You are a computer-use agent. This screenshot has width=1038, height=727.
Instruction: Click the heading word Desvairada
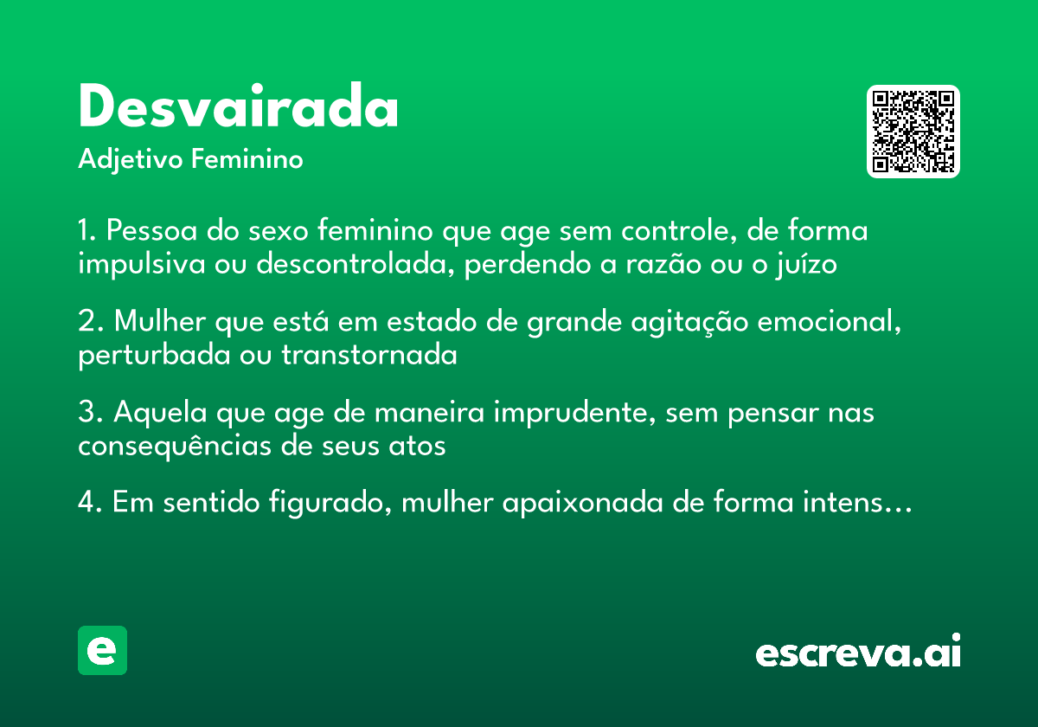tap(238, 109)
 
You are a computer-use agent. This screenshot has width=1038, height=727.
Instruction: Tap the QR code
tap(913, 132)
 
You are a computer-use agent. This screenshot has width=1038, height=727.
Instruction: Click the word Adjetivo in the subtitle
tap(131, 160)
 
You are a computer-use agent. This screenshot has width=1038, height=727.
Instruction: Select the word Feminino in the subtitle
tap(247, 160)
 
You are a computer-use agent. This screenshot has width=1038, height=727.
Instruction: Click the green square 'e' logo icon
tap(102, 650)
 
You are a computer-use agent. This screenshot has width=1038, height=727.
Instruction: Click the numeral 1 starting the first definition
tap(85, 232)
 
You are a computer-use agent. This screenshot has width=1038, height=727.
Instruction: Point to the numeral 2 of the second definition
tap(86, 322)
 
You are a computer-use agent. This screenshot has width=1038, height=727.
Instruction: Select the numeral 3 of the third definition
tap(86, 414)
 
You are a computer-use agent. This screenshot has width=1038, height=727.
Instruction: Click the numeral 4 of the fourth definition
tap(86, 504)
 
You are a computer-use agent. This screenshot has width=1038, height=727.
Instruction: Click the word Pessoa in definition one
tap(150, 232)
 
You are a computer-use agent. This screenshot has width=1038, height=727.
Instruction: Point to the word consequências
tap(170, 447)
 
